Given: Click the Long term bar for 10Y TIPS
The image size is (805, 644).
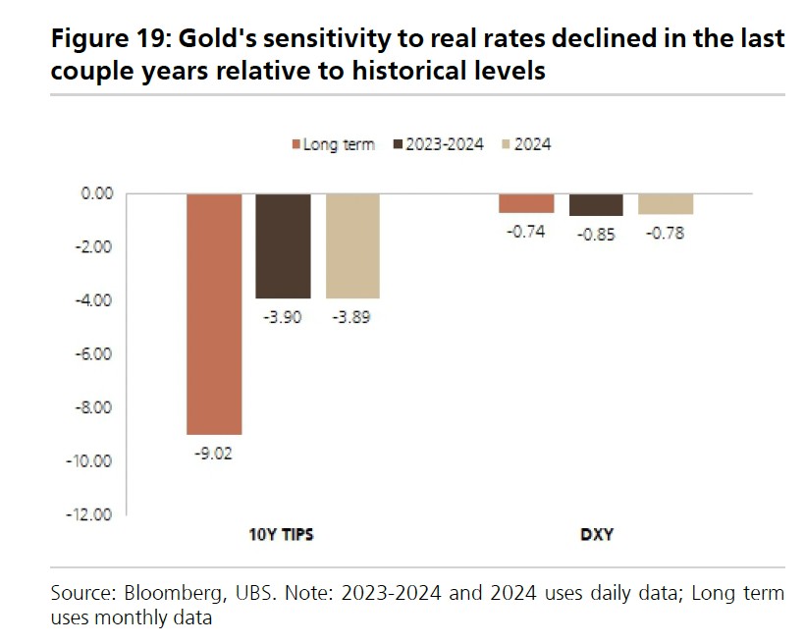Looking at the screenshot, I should click(x=214, y=314).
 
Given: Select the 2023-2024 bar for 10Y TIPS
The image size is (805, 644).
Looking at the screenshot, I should click(x=284, y=245).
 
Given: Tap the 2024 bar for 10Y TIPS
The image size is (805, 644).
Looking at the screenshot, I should click(x=352, y=245).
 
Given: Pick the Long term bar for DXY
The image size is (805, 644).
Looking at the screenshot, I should click(x=526, y=203).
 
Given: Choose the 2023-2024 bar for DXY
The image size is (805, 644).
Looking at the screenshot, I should click(x=596, y=204).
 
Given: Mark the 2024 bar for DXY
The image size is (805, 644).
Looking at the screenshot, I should click(x=666, y=203).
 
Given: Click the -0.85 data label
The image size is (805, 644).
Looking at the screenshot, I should click(x=596, y=234).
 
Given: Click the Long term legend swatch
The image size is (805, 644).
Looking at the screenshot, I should click(x=295, y=144).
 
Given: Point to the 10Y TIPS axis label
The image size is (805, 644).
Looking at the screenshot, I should click(x=283, y=535).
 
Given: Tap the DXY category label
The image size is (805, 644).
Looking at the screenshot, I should click(x=596, y=535).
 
